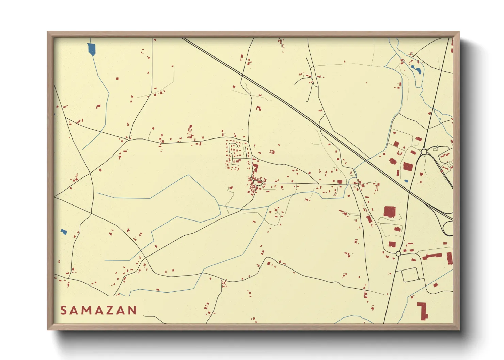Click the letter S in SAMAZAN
(x=64, y=310)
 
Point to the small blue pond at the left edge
(x=64, y=232)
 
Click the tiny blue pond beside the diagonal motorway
(x=406, y=181)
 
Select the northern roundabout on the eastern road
(x=424, y=152)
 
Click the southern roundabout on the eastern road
(x=398, y=254)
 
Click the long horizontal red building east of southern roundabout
(x=432, y=256)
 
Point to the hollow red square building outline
(x=272, y=152)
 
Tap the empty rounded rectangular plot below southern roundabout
(x=410, y=275)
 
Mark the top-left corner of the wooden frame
(x=48, y=32)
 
